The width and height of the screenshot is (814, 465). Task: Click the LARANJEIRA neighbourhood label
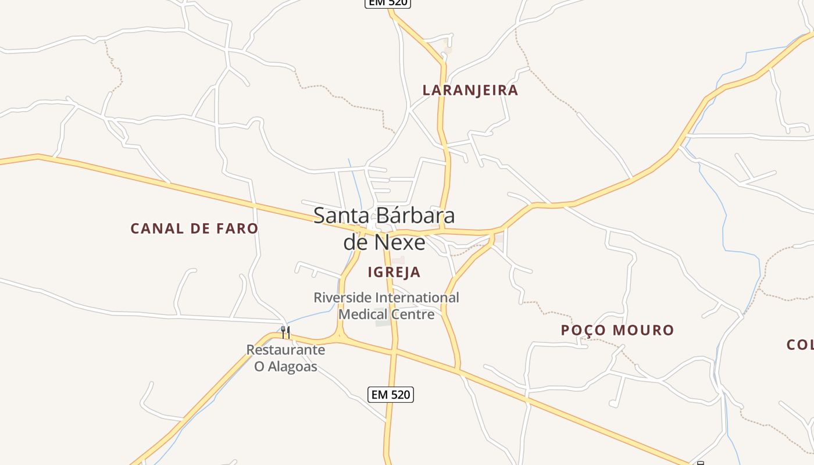[470, 90]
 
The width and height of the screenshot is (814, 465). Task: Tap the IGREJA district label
[394, 272]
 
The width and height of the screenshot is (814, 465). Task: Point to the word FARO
[236, 228]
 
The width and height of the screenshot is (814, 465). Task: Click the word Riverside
[343, 298]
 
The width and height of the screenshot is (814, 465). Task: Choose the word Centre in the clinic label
[413, 314]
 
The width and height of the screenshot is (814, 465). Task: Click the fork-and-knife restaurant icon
[285, 332]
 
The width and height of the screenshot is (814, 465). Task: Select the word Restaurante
[285, 350]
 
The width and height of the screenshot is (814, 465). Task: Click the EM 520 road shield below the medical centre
[391, 395]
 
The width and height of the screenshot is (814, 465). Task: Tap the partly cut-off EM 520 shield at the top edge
[388, 3]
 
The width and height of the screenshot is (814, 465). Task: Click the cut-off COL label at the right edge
[800, 345]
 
